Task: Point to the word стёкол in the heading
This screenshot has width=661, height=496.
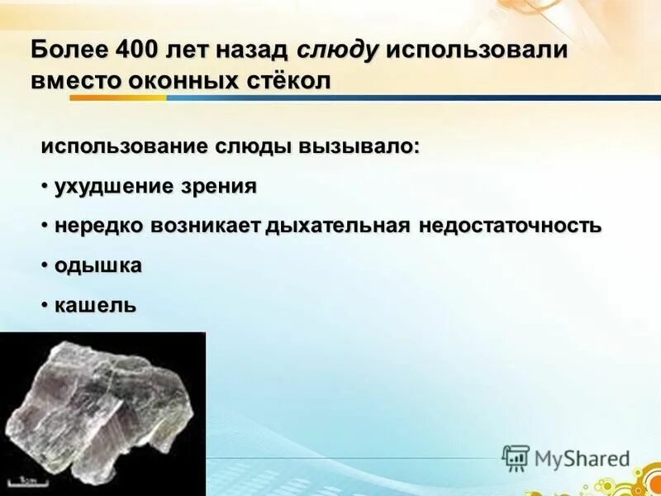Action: (x=288, y=82)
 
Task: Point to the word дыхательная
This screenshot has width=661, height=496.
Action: (x=336, y=225)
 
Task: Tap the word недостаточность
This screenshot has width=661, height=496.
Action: (x=510, y=225)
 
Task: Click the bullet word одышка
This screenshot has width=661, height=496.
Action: (x=97, y=265)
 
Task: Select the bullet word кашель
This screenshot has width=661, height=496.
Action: (x=95, y=305)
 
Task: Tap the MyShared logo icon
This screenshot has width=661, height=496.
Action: (x=516, y=457)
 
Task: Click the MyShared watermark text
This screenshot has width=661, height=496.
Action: (x=583, y=458)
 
